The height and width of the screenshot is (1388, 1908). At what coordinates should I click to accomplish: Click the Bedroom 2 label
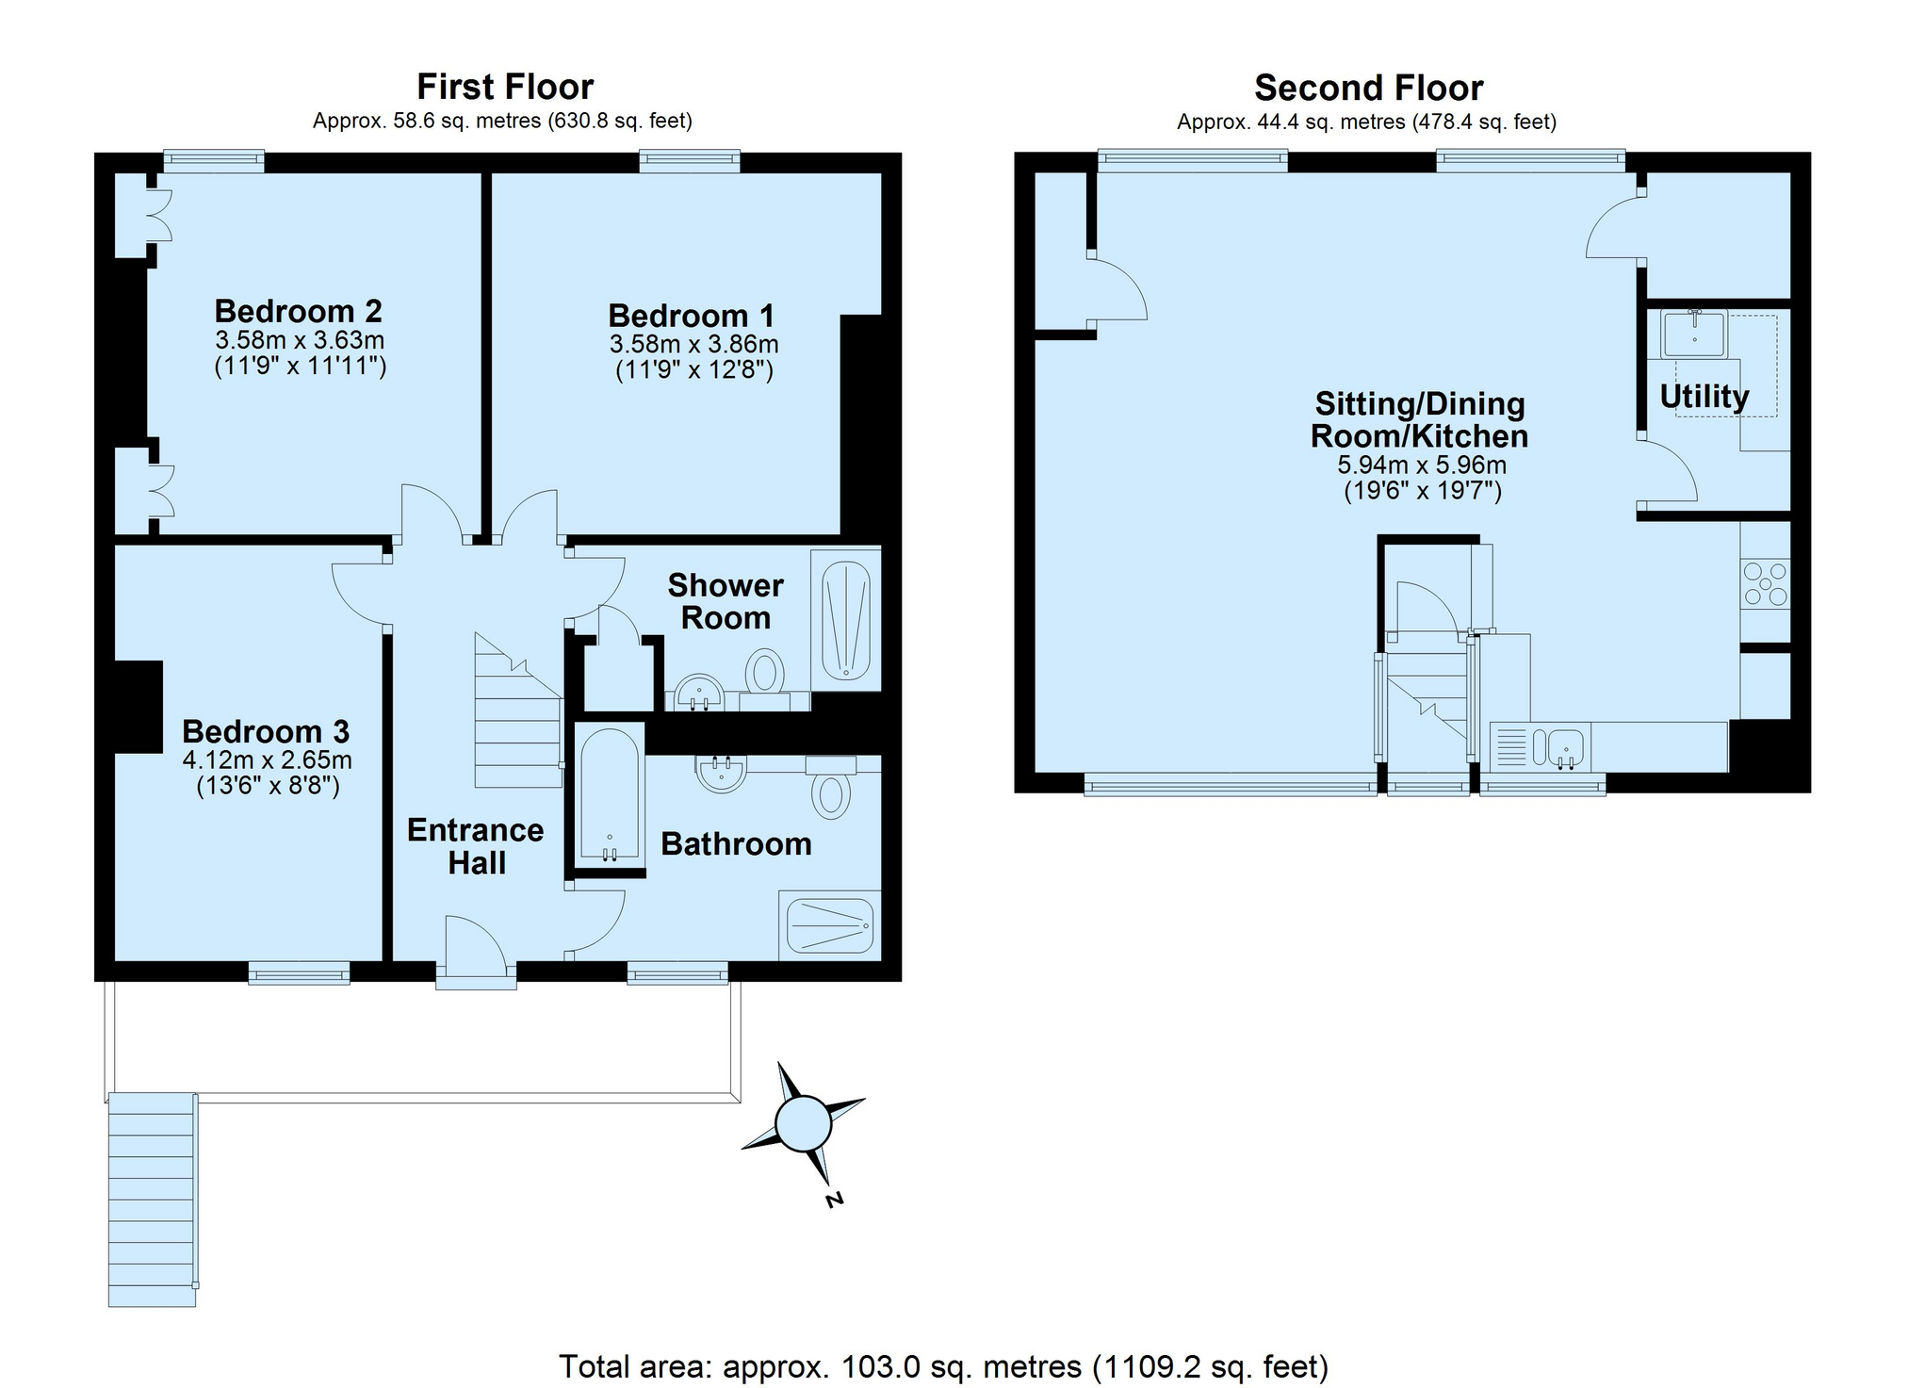pos(298,311)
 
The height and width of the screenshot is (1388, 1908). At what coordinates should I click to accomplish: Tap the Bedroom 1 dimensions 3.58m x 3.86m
pos(693,344)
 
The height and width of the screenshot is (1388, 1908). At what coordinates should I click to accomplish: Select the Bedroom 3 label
pos(266,731)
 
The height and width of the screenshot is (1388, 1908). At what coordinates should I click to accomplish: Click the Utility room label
pos(1704,397)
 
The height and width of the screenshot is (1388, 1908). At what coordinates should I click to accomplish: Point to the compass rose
pos(803,1123)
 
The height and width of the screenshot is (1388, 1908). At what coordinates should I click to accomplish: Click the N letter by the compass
pos(833,1200)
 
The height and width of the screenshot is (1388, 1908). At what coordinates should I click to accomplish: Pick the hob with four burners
pos(1765,583)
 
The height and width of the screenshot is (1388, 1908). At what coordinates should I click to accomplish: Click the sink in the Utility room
pos(1694,334)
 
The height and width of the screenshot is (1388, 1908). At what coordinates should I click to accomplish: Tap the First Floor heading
pos(505,87)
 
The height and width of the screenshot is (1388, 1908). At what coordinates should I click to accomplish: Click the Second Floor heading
pos(1368,88)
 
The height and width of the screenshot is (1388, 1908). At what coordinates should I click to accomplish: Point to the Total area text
pos(943,1365)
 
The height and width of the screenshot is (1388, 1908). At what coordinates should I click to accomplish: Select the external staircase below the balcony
pos(153,1199)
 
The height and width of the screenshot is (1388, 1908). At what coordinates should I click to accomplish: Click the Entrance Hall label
pos(476,846)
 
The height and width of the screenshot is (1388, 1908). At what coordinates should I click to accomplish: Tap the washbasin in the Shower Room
pos(698,692)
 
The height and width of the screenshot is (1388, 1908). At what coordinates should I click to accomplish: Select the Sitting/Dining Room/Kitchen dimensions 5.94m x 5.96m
pos(1422,465)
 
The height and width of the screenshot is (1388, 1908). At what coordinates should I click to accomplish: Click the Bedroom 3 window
pos(299,972)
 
